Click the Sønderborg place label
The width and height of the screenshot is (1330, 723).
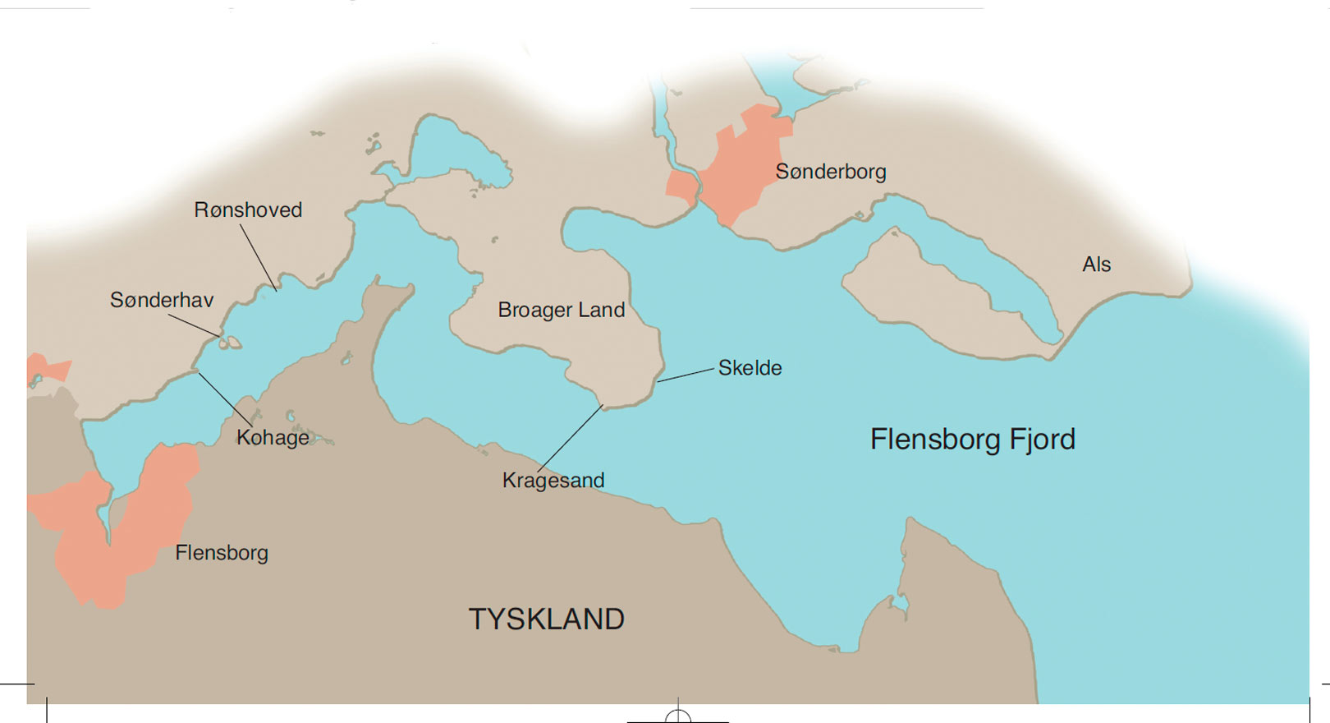831,172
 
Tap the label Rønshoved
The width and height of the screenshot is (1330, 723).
248,210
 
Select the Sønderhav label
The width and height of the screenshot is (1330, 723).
162,301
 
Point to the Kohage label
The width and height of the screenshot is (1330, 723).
273,438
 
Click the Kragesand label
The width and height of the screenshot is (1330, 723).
553,481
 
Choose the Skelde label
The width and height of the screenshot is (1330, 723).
750,368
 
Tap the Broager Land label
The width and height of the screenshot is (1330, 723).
562,311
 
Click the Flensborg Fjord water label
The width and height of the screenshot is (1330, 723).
972,440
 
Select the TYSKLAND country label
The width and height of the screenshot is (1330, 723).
547,619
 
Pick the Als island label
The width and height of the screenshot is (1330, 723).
1096,265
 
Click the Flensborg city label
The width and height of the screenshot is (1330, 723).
222,553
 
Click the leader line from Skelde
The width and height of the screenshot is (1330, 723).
686,375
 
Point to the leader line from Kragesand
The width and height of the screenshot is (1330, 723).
571,438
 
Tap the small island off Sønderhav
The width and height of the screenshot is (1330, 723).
231,343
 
